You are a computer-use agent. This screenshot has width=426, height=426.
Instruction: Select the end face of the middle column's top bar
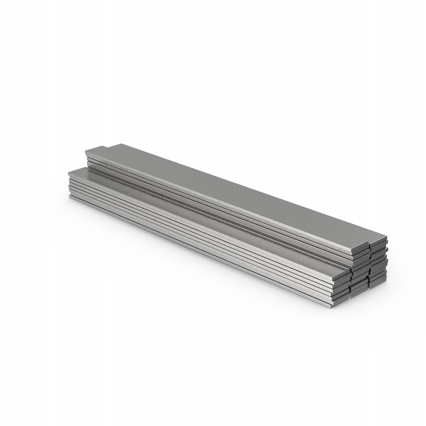click(360, 249)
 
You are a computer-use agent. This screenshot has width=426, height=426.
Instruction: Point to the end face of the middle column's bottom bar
click(359, 292)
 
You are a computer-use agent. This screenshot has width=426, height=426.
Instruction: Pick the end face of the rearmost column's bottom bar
click(378, 285)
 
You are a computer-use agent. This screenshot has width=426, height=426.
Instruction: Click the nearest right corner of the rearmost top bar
click(387, 238)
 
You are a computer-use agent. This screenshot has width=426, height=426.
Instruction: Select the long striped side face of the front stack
click(197, 241)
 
